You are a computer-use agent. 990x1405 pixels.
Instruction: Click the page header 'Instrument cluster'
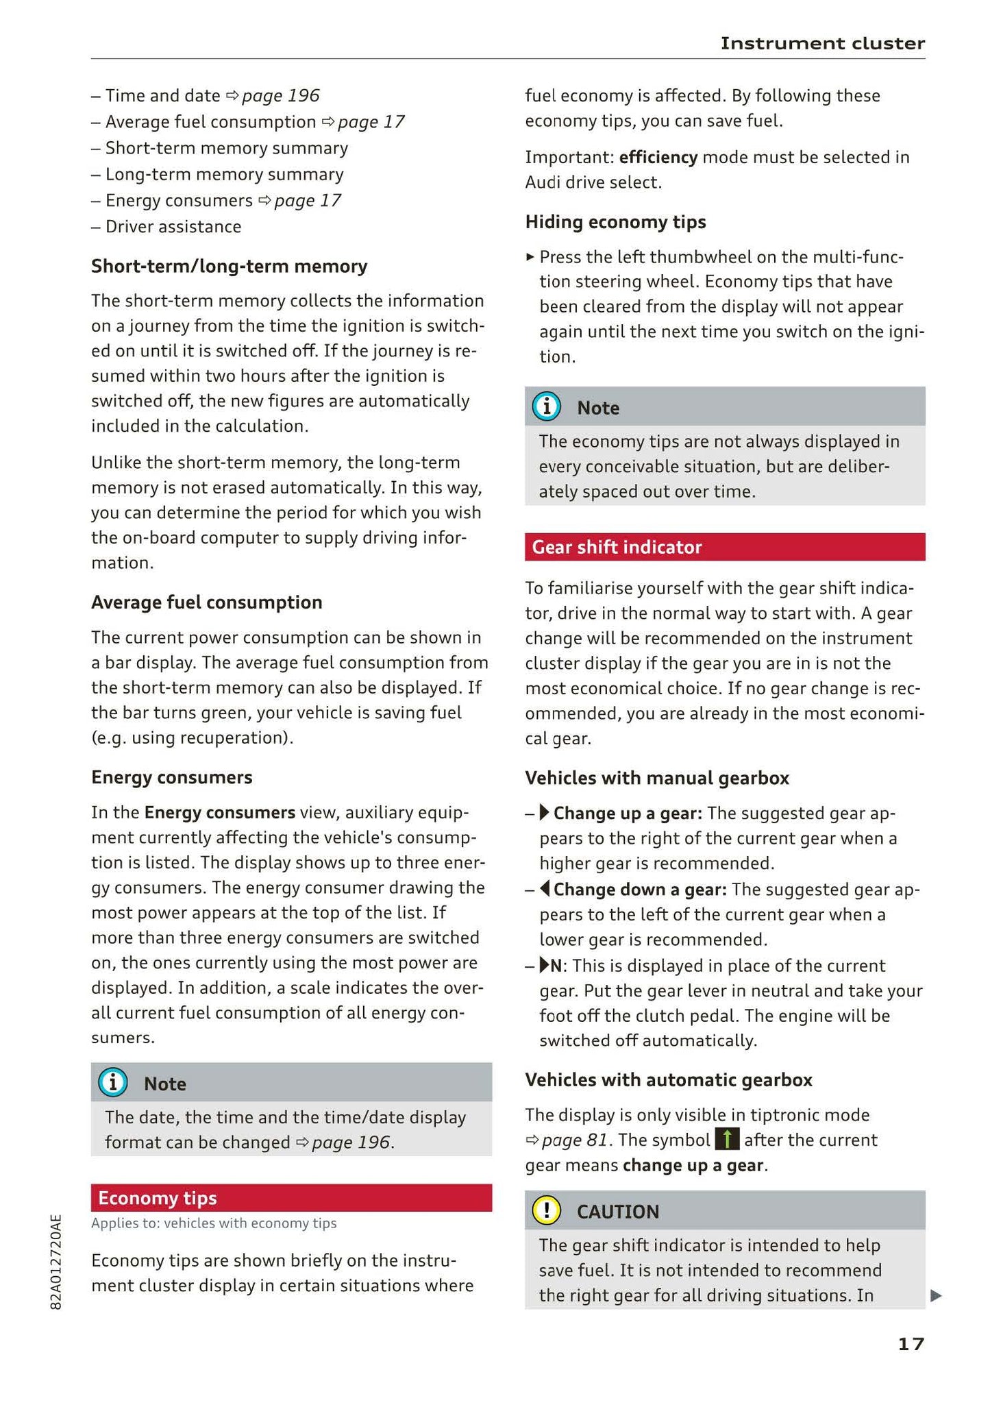coord(822,43)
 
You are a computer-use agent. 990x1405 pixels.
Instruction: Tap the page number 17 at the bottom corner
coord(911,1344)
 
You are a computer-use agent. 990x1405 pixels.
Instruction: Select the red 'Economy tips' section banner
coord(291,1197)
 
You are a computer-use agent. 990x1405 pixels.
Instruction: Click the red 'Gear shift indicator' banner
coord(724,547)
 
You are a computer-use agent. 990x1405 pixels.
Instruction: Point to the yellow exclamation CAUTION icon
coord(546,1210)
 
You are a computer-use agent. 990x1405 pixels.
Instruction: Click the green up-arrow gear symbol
coord(726,1140)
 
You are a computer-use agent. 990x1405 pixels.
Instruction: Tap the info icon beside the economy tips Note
coord(546,407)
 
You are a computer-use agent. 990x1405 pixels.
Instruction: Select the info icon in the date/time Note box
coord(112,1083)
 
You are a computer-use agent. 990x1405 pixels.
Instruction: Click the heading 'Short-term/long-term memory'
coord(229,266)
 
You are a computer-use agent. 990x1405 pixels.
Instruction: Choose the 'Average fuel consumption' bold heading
coord(206,602)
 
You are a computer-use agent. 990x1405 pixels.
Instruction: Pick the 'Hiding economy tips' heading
coord(615,222)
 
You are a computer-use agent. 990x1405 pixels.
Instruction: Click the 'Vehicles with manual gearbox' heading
coord(656,778)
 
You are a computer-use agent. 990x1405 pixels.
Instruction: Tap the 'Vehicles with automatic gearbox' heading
coord(668,1079)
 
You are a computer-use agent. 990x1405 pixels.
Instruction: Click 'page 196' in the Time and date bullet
coord(280,95)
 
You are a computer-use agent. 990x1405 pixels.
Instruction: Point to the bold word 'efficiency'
coord(658,157)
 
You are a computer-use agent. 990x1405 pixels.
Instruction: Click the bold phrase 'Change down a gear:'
coord(639,889)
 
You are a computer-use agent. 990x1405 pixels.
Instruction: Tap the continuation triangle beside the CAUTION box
coord(937,1295)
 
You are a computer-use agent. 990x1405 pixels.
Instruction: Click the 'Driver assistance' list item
coord(173,226)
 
